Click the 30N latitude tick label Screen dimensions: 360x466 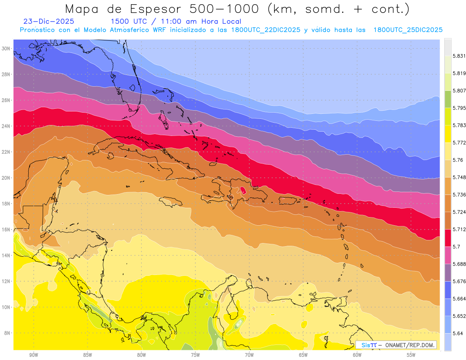click(5, 48)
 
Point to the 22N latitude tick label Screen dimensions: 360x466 click(5, 152)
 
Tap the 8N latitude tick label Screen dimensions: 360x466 click(7, 333)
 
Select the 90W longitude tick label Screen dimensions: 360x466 click(33, 355)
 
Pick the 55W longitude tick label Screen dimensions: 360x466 click(411, 355)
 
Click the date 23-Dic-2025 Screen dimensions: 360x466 click(49, 22)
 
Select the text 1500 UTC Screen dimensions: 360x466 click(129, 22)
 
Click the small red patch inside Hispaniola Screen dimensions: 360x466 click(243, 190)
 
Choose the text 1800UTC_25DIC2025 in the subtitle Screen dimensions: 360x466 click(408, 30)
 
